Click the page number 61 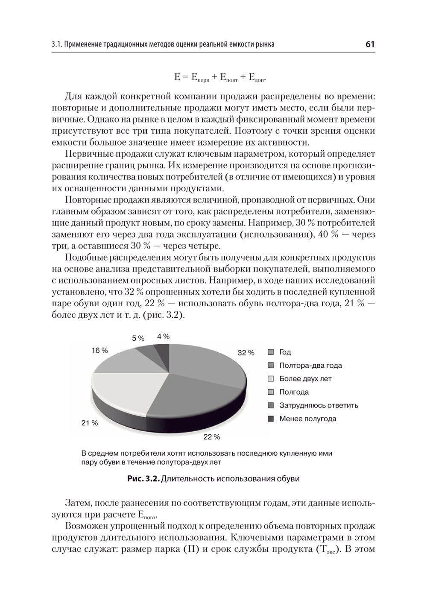[370, 44]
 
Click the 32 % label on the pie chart [246, 353]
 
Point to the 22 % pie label [211, 437]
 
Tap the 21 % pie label [90, 423]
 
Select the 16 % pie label [99, 350]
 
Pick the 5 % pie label [138, 338]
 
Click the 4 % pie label [163, 336]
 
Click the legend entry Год [285, 352]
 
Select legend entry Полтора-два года [310, 366]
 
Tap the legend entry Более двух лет [305, 379]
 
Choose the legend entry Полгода [294, 392]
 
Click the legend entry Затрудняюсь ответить [318, 405]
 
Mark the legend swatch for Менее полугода [270, 419]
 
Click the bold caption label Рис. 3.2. [143, 479]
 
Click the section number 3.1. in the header [57, 44]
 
